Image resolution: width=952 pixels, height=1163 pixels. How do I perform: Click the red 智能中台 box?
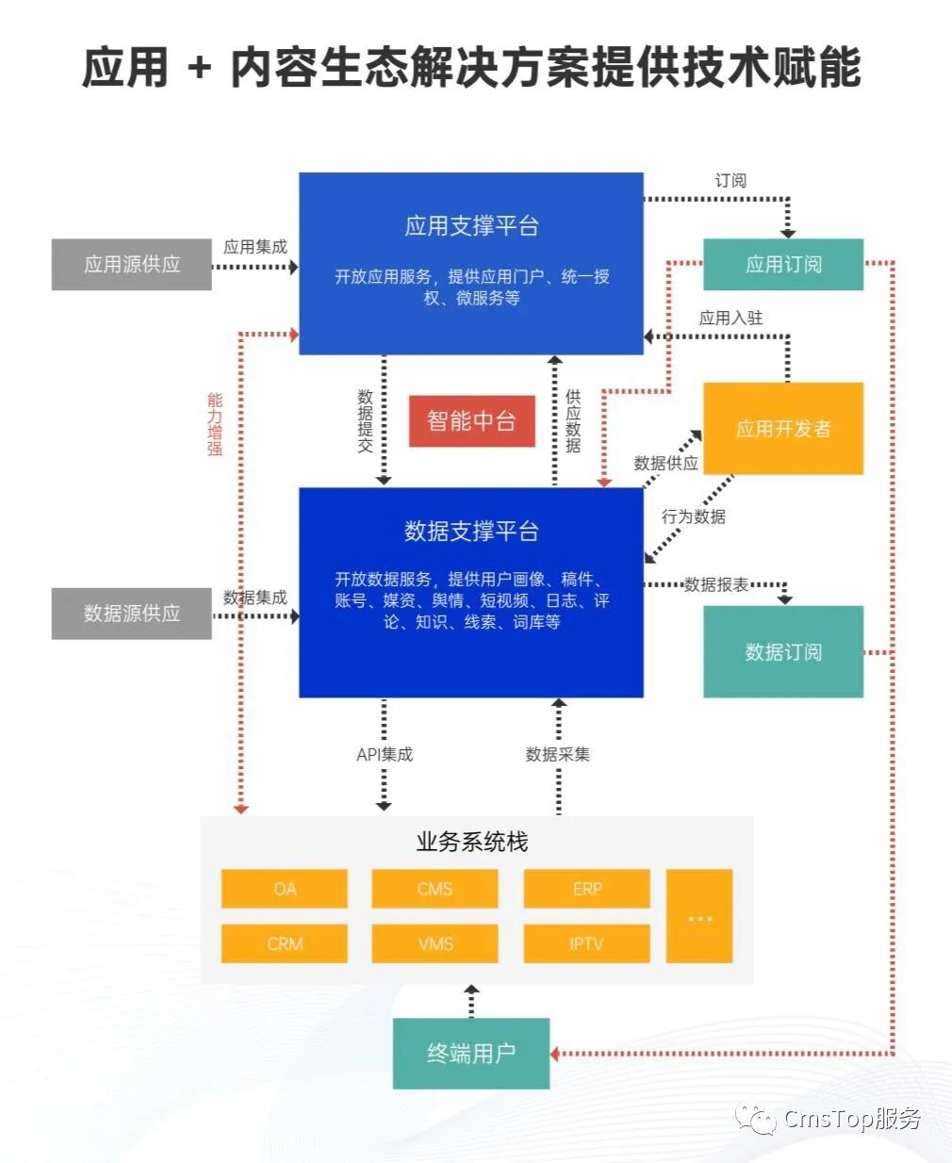471,420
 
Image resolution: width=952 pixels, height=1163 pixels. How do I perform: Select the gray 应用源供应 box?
131,264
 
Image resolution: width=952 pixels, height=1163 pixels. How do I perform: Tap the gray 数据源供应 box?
131,614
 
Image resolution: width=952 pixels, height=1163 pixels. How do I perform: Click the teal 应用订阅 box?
783,264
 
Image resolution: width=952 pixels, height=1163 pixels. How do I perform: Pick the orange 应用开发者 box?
783,429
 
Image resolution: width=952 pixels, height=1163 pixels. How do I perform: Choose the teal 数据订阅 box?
783,651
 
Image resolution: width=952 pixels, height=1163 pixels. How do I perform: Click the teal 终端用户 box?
471,1054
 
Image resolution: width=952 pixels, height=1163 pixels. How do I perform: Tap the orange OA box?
284,889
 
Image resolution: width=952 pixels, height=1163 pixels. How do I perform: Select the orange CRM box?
284,943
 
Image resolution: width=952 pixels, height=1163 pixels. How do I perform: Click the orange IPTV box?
587,943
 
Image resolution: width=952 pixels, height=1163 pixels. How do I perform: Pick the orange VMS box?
435,943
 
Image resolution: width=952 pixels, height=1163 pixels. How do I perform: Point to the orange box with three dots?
699,916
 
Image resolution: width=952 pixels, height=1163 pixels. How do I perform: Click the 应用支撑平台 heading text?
471,225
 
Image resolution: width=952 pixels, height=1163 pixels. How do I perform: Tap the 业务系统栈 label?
471,842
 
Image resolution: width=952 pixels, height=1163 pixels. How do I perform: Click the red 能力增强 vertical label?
215,424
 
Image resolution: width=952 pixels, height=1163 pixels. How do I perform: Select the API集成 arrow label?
385,754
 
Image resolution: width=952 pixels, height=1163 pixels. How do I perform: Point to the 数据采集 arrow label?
558,754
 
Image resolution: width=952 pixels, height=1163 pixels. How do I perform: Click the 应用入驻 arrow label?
730,318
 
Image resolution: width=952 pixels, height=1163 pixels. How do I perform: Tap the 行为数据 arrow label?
694,516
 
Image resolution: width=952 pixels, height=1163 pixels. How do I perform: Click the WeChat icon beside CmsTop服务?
756,1118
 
